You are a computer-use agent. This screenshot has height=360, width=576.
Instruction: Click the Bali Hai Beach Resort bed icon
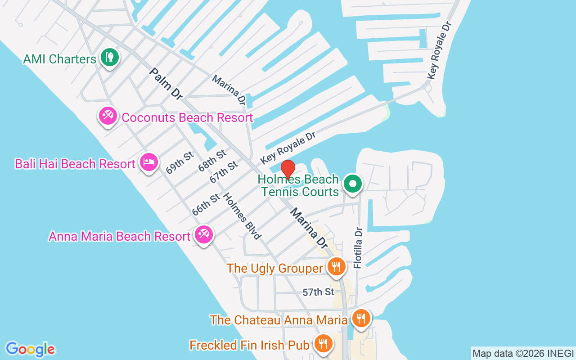(x=149, y=162)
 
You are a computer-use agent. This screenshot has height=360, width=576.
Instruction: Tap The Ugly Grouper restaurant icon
(x=336, y=267)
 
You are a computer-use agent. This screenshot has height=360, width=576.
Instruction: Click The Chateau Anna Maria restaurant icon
(x=360, y=318)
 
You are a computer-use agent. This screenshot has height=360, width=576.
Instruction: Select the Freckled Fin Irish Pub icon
(x=323, y=343)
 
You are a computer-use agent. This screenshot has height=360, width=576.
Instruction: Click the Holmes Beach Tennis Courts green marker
(x=353, y=184)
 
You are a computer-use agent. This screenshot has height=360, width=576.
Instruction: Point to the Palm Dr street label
(x=166, y=83)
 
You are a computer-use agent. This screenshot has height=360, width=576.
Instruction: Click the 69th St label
(x=180, y=162)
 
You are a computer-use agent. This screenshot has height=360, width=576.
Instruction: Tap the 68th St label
(x=212, y=160)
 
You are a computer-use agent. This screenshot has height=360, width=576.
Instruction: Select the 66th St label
(x=206, y=204)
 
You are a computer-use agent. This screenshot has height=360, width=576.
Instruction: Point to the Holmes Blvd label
(x=242, y=216)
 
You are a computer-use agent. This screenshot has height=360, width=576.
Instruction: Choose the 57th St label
(x=318, y=292)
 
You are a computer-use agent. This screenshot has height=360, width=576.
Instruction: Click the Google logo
(x=30, y=349)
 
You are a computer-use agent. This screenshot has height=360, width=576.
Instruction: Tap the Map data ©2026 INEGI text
(x=523, y=353)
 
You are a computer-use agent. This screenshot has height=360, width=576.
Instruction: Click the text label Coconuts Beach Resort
(x=187, y=118)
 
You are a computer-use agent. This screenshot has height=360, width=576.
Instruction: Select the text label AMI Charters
(x=60, y=59)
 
